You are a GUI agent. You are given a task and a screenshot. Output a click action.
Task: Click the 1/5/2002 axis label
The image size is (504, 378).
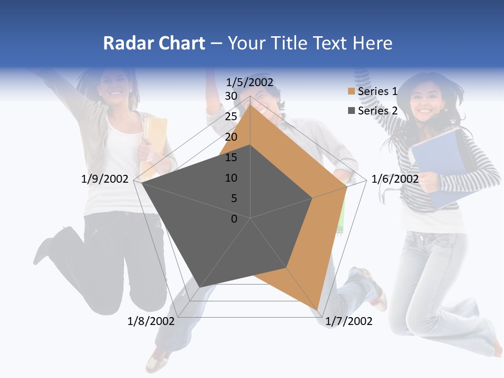250,82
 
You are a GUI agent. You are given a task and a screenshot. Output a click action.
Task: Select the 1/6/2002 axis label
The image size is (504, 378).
395,179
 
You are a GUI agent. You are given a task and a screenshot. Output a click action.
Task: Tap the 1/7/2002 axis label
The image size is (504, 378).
349,321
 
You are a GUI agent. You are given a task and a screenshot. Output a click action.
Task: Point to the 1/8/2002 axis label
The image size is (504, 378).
151,321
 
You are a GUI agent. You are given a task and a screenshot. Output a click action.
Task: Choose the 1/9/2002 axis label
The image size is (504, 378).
105,179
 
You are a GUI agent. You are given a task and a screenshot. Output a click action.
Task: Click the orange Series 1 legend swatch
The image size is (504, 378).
351,92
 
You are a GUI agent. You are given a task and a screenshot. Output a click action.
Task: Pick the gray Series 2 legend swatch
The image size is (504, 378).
351,111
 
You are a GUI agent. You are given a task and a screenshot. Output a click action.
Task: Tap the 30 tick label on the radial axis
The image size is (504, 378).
231,96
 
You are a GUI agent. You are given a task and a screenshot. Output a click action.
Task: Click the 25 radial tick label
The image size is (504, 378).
231,117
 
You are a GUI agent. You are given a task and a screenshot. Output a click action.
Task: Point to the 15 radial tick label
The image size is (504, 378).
231,157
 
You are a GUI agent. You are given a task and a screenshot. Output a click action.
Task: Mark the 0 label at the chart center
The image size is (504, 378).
234,219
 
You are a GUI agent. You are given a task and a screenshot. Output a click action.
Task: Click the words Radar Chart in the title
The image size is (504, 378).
154,43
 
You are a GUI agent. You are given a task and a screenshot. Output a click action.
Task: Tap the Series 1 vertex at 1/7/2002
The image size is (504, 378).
318,310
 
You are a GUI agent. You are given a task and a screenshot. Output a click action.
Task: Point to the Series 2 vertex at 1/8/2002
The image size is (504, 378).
199,287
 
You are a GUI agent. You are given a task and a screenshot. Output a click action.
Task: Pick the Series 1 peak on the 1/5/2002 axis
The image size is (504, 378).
250,104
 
